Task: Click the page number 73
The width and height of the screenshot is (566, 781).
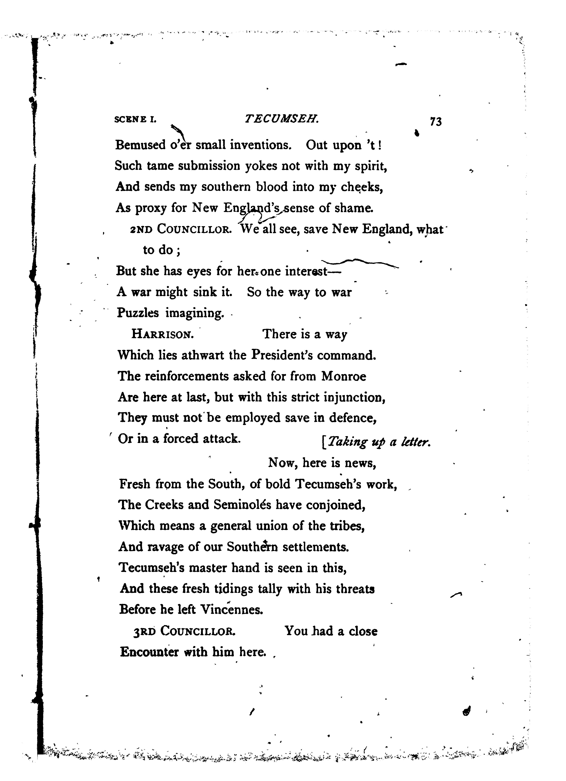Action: point(436,122)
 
